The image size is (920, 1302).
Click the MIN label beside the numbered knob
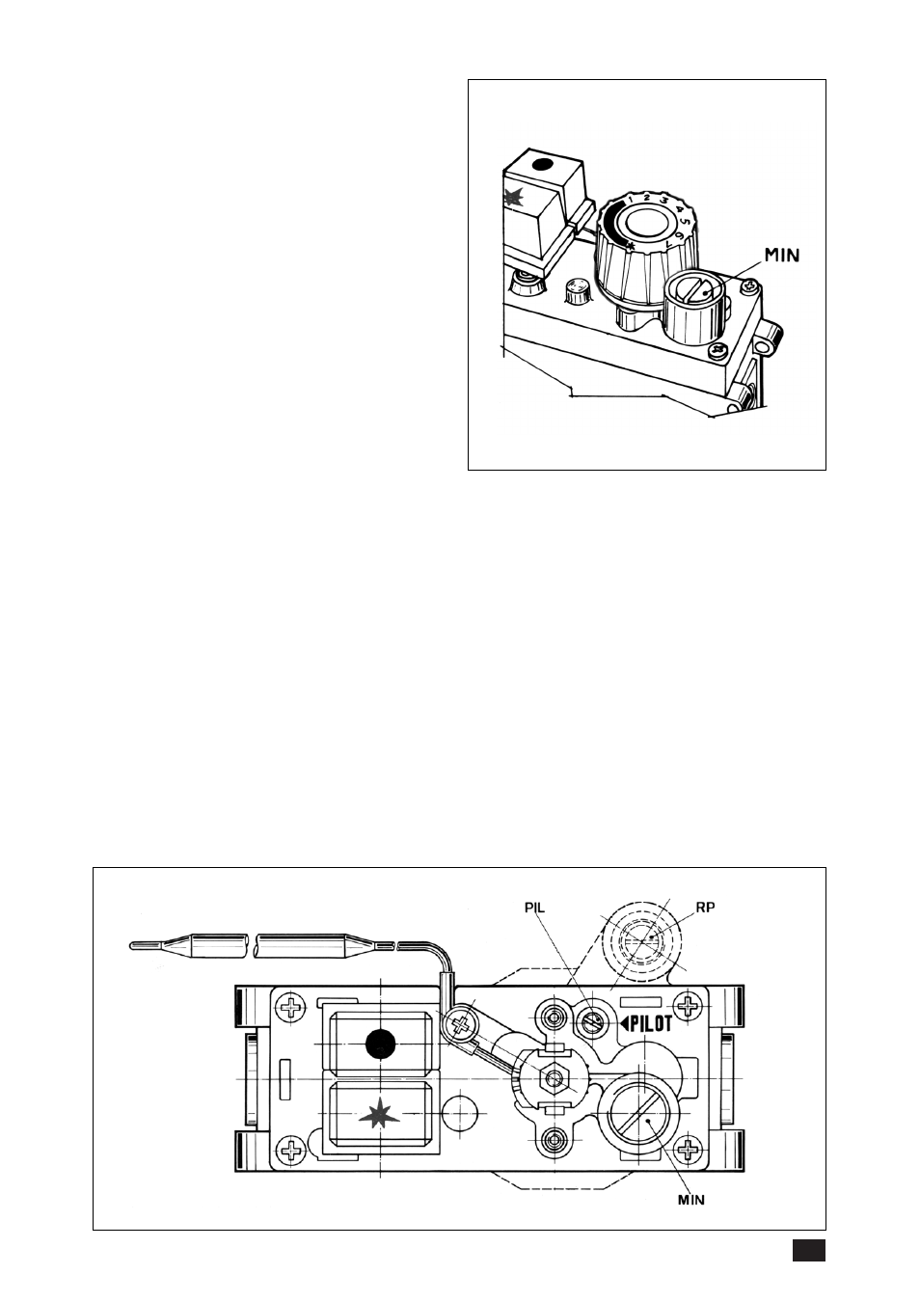click(782, 255)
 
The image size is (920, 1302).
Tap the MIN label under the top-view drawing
click(691, 1199)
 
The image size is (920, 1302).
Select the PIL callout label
click(534, 908)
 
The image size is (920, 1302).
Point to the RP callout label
click(705, 908)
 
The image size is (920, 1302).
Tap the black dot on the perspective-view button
click(543, 165)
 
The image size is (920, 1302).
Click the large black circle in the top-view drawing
click(381, 1044)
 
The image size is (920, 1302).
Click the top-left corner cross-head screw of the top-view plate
click(289, 1006)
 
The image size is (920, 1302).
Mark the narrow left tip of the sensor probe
click(131, 946)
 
